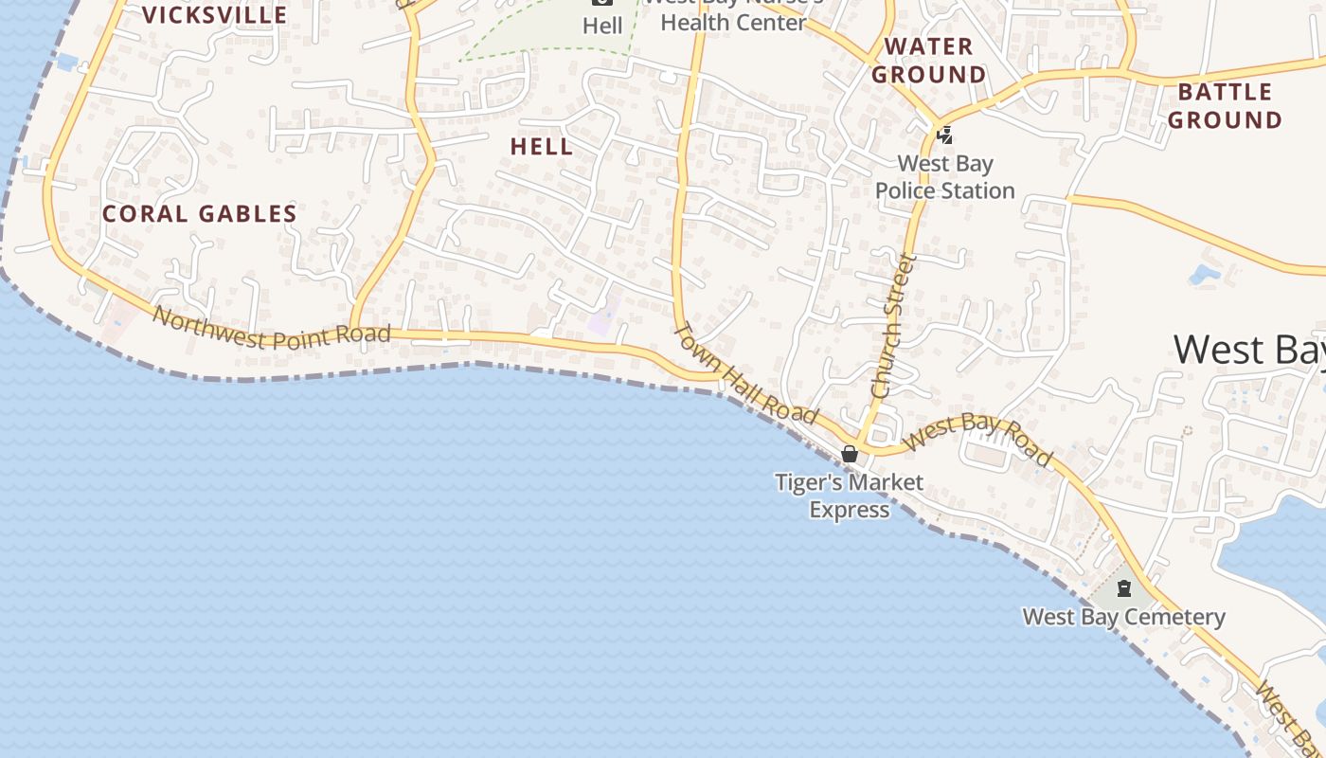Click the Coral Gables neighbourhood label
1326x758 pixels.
pyautogui.click(x=199, y=214)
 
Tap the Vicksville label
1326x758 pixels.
pyautogui.click(x=214, y=15)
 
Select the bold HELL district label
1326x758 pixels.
pyautogui.click(x=542, y=147)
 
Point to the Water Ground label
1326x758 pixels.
pyautogui.click(x=929, y=61)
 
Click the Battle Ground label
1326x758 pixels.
pyautogui.click(x=1225, y=106)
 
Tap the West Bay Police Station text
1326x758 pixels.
pyautogui.click(x=944, y=177)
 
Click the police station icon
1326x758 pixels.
pyautogui.click(x=944, y=135)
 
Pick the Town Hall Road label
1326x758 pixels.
pyautogui.click(x=744, y=373)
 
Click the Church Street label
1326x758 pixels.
pyautogui.click(x=893, y=325)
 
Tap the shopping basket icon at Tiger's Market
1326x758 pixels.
pyautogui.click(x=850, y=454)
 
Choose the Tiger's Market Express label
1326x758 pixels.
pyautogui.click(x=849, y=496)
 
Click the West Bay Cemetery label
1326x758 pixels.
pyautogui.click(x=1123, y=618)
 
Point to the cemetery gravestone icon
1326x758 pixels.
pyautogui.click(x=1124, y=588)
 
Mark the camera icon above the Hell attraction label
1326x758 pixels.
pyautogui.click(x=602, y=3)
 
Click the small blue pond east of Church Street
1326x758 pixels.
pyautogui.click(x=1205, y=275)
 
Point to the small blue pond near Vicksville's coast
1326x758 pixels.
pyautogui.click(x=66, y=63)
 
